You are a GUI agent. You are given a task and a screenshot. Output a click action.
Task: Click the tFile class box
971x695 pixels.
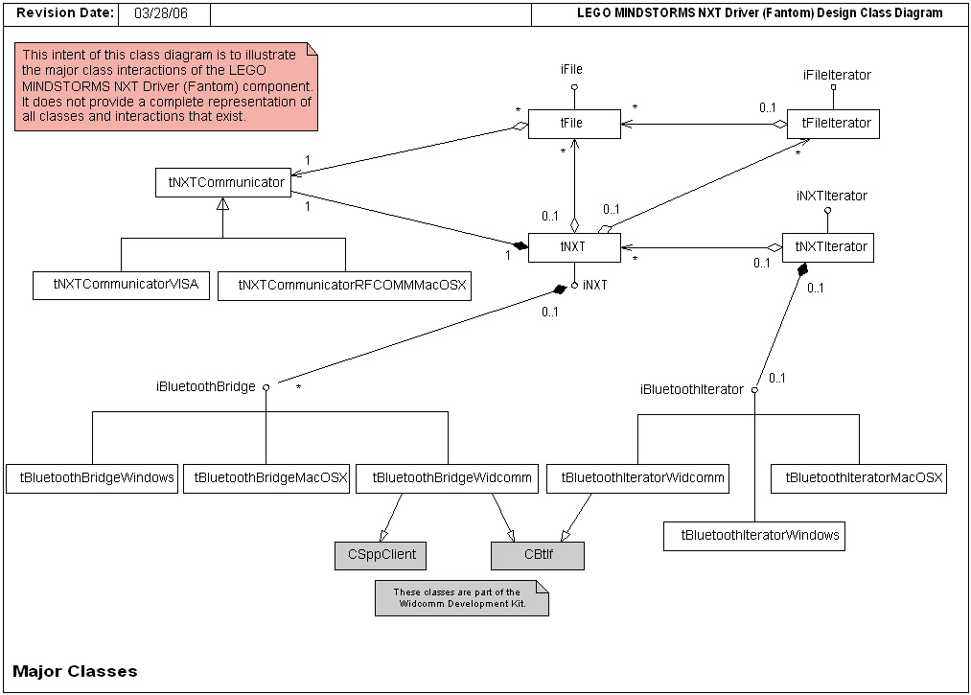click(573, 124)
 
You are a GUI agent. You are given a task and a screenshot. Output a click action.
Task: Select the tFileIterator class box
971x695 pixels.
click(833, 124)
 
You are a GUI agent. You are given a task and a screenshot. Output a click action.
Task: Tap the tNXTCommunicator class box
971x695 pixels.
click(222, 182)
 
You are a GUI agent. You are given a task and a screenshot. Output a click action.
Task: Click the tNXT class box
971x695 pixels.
click(573, 247)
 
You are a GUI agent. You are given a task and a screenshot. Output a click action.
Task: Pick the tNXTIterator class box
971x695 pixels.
click(828, 247)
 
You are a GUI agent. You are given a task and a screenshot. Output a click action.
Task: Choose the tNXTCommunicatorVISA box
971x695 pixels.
click(121, 285)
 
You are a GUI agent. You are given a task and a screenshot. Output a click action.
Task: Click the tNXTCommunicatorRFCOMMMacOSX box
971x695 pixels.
click(345, 286)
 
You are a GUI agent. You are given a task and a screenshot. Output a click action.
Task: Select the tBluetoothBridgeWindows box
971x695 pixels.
click(93, 478)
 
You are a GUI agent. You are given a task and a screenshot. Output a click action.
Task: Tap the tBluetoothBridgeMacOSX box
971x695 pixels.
click(266, 478)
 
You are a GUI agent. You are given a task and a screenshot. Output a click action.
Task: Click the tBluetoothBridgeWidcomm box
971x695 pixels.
click(448, 478)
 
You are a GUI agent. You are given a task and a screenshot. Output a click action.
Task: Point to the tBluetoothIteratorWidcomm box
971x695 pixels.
click(638, 478)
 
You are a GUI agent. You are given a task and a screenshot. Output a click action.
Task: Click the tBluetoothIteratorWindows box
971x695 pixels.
click(754, 536)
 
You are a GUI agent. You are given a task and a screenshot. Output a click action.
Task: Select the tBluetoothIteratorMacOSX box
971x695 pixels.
click(859, 478)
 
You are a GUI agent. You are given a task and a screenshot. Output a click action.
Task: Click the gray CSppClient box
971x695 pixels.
click(381, 556)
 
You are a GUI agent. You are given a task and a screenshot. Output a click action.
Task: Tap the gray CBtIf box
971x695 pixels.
click(537, 556)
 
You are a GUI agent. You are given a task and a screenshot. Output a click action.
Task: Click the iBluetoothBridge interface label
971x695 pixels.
click(205, 387)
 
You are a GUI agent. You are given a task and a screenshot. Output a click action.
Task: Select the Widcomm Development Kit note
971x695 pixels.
click(462, 599)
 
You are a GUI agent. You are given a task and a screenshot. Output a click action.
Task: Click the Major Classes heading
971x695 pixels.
click(76, 671)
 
